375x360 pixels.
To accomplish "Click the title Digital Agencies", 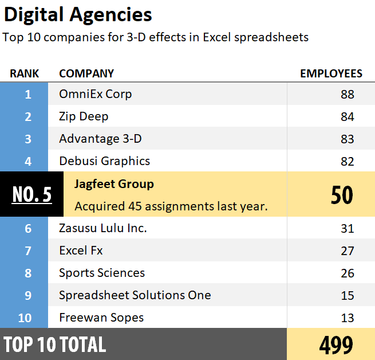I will point(78,14).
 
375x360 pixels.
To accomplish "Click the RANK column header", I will point(25,73).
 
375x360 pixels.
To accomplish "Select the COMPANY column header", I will point(86,73).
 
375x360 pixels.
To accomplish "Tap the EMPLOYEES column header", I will point(331,73).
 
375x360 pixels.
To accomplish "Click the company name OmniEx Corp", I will point(95,94).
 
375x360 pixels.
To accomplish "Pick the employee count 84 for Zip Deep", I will point(348,117).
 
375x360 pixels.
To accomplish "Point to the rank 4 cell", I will point(27,161).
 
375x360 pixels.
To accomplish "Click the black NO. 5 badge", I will point(31,194).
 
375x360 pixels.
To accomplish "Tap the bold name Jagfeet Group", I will point(114,184).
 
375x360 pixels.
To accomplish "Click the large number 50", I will point(342,195).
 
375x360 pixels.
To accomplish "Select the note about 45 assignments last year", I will point(171,206).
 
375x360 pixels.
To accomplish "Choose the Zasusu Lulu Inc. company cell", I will point(103,228).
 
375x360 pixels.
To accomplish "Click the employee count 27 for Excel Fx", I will point(348,251).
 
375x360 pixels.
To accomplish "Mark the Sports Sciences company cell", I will point(102,273).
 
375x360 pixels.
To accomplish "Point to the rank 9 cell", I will point(27,295).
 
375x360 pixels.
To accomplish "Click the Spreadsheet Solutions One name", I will point(135,295).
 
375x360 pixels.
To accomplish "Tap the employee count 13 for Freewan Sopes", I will point(348,318).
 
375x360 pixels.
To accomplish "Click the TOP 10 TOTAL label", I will point(55,345).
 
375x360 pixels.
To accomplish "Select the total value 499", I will point(335,345).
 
